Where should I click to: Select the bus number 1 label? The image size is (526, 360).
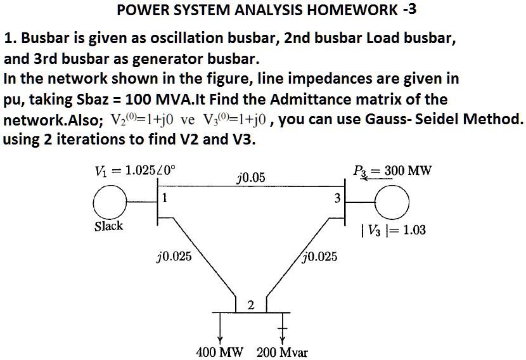pos(164,196)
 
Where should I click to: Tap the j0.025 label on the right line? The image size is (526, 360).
pos(320,257)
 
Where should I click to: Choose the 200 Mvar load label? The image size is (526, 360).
pos(282,352)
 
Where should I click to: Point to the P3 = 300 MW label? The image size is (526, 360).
pos(390,170)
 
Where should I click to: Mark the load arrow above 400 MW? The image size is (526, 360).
pos(220,327)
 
